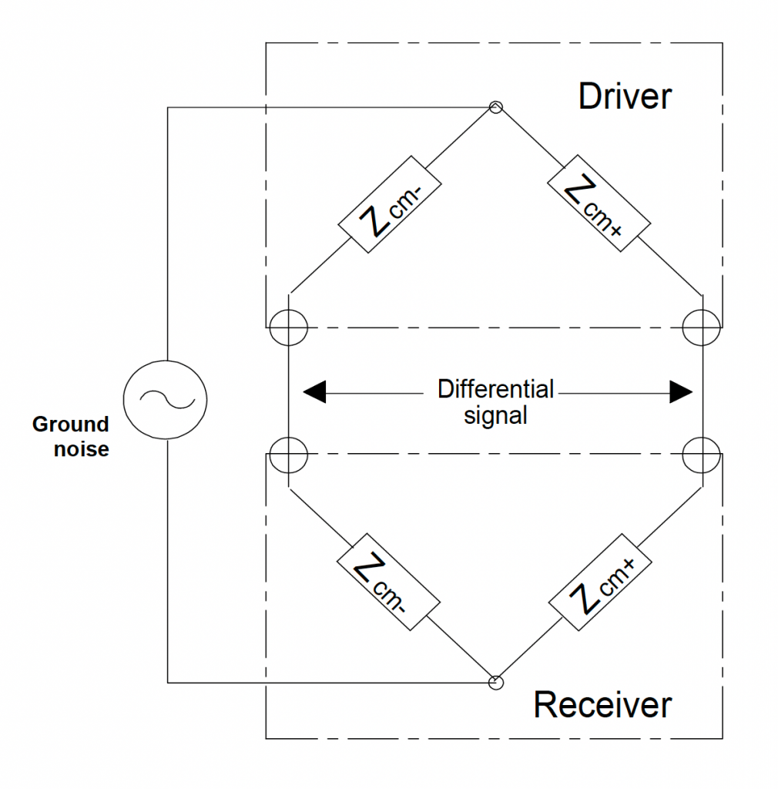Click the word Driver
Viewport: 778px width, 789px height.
point(625,97)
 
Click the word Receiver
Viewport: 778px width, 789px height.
point(602,704)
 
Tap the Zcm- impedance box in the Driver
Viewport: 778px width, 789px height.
point(390,206)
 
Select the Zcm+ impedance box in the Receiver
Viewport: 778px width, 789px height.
point(602,585)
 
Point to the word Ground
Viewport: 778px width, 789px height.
point(70,424)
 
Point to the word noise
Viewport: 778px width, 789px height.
point(81,448)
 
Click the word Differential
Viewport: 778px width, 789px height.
point(495,389)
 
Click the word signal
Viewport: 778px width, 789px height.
point(495,416)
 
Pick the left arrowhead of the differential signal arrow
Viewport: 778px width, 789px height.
point(314,392)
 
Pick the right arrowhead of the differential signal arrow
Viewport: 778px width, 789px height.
point(681,392)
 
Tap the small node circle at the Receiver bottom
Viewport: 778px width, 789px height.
point(496,682)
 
